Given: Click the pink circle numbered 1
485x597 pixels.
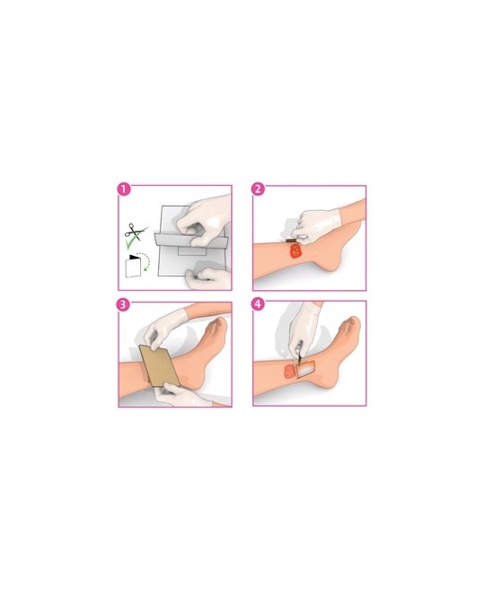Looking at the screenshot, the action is (124, 189).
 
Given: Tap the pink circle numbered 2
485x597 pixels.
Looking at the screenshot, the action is (258, 189).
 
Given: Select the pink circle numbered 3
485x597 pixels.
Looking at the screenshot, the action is (123, 304).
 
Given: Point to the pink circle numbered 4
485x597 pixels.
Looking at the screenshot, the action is (258, 304).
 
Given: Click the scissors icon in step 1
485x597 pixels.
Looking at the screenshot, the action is (133, 231).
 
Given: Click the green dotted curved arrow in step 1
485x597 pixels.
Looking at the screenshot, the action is (146, 262).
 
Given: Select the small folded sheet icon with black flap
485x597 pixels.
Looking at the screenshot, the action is (133, 267).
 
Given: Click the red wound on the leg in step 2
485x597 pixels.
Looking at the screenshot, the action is (296, 251).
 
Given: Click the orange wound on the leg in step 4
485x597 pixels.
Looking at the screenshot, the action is (290, 372).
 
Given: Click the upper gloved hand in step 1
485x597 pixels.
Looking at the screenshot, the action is (203, 220).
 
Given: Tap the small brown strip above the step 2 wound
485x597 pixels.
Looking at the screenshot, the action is (291, 241).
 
